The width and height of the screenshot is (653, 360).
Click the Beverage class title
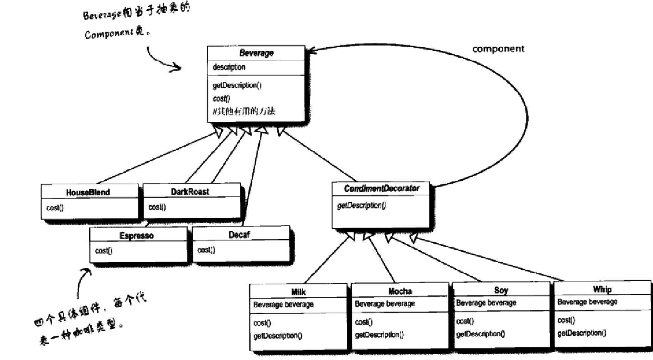pyautogui.click(x=256, y=53)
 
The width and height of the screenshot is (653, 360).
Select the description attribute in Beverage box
pyautogui.click(x=229, y=67)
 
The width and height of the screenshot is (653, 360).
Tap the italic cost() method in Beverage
pyautogui.click(x=221, y=98)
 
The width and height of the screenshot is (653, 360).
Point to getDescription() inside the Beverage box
pyautogui.click(x=237, y=85)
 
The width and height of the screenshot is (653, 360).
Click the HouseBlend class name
pyautogui.click(x=88, y=192)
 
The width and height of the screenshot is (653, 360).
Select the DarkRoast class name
pyautogui.click(x=190, y=192)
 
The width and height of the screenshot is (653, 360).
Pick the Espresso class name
pyautogui.click(x=137, y=236)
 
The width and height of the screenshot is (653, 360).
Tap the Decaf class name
pyautogui.click(x=239, y=235)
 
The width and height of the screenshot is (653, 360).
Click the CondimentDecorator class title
pyautogui.click(x=381, y=188)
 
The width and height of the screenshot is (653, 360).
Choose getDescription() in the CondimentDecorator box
pyautogui.click(x=361, y=206)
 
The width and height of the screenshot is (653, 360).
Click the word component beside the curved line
pyautogui.click(x=498, y=49)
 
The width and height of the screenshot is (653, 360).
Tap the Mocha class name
pyautogui.click(x=400, y=291)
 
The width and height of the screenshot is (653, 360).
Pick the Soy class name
pyautogui.click(x=501, y=290)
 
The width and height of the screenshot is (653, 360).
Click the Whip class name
pyautogui.click(x=602, y=289)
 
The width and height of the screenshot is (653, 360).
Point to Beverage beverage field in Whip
pyautogui.click(x=587, y=302)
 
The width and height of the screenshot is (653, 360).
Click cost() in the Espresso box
pyautogui.click(x=104, y=251)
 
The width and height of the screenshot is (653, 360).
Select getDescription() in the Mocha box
pyautogui.click(x=379, y=335)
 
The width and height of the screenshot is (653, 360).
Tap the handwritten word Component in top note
pyautogui.click(x=109, y=34)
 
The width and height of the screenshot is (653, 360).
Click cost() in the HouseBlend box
pyautogui.click(x=55, y=208)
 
